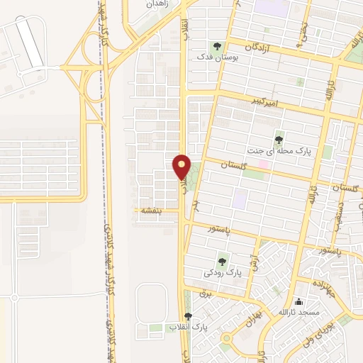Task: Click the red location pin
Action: click(x=182, y=167)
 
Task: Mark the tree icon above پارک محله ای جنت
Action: click(x=278, y=139)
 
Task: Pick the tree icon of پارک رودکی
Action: click(x=223, y=261)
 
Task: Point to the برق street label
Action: click(x=206, y=291)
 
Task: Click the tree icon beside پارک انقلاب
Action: click(x=188, y=316)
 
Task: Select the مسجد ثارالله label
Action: click(x=299, y=312)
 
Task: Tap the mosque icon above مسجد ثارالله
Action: click(x=298, y=301)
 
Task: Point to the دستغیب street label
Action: click(x=341, y=210)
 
